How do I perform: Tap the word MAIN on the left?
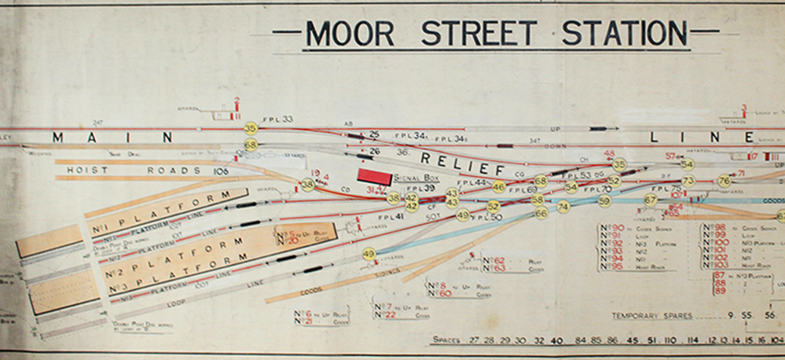[112, 138]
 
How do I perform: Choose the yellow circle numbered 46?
[498, 187]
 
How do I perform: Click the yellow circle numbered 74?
[563, 207]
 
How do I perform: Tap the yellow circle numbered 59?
[604, 201]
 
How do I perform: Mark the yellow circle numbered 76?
[724, 182]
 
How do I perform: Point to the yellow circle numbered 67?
[651, 200]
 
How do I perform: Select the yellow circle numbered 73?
[688, 182]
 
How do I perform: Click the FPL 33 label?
[277, 119]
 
